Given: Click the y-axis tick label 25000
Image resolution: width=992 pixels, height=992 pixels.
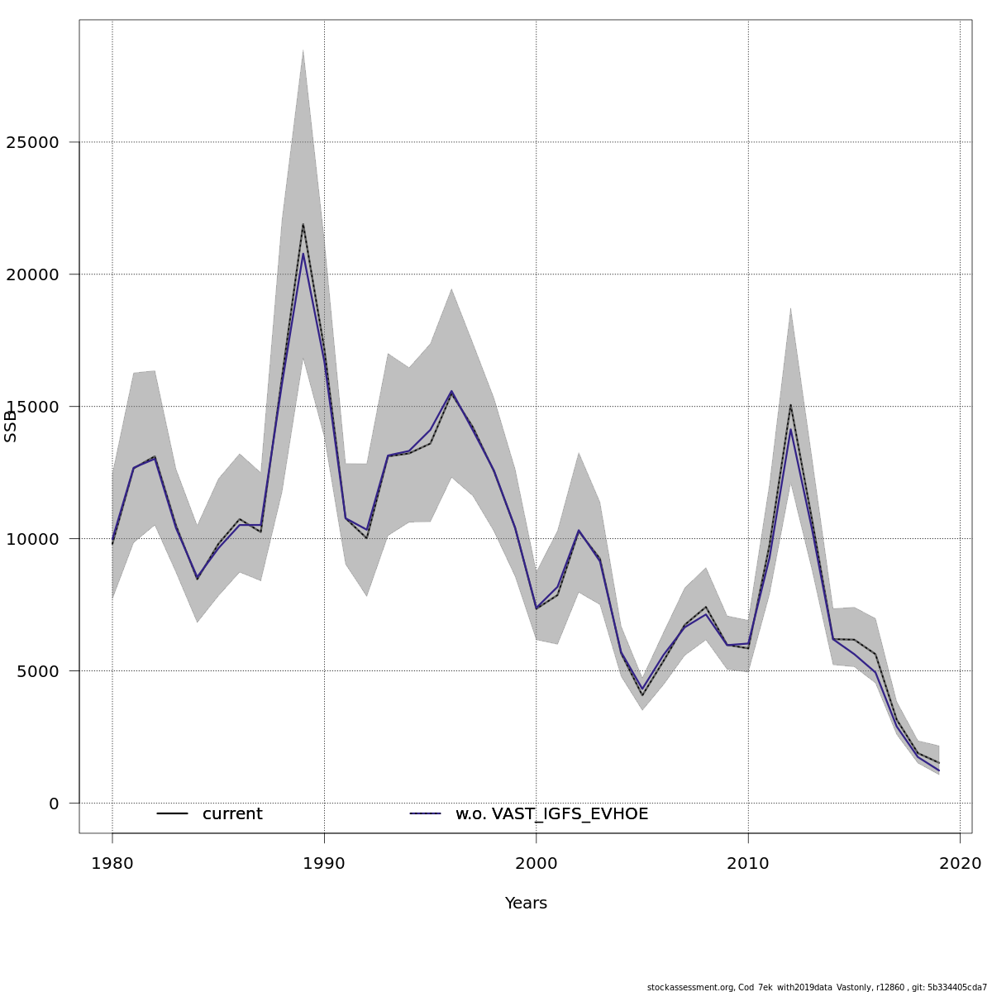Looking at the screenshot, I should point(32,142).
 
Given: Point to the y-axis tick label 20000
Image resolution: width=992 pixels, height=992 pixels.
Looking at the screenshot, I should point(32,274).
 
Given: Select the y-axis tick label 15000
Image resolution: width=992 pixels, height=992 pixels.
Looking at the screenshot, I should point(32,407).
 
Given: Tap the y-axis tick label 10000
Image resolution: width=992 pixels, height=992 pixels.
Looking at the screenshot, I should point(32,539).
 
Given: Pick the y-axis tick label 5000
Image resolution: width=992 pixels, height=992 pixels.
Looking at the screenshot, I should point(37,671).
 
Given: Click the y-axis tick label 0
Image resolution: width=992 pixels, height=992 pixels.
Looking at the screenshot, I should point(55,804).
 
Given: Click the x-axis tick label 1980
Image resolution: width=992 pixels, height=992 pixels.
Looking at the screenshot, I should point(112,864).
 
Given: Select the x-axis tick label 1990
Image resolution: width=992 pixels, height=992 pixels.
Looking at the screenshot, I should point(324,864).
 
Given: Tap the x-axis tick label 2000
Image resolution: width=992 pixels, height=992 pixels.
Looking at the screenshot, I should point(537,864).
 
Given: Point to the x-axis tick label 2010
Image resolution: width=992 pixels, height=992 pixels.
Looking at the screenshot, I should point(748,864).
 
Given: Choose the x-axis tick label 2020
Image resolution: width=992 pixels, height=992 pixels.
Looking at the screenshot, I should point(960,864).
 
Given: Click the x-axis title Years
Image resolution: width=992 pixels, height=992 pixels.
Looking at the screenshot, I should point(526,904).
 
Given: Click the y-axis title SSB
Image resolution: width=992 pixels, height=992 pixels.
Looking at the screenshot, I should point(11,426).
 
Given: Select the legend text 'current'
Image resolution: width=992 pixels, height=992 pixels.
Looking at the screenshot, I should point(232,814).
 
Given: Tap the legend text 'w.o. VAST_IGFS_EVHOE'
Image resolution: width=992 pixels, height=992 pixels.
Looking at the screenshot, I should point(551,814).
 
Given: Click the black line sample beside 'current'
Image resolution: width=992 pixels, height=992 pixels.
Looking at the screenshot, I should point(173,814).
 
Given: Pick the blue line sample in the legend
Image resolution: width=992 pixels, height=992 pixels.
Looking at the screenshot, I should point(426,814).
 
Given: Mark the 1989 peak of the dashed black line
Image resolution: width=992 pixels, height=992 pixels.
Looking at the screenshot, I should point(303,224).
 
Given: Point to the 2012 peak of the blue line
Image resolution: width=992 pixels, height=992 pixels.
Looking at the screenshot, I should point(790,429).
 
